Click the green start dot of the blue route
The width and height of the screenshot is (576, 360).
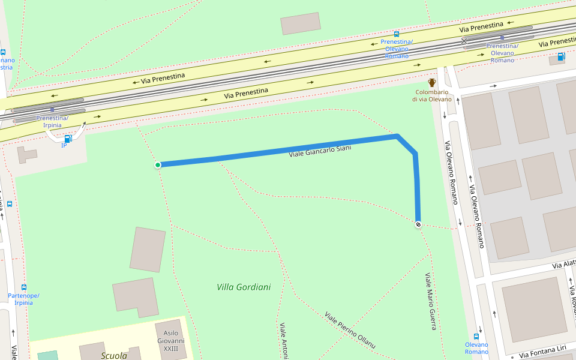pos(158,165)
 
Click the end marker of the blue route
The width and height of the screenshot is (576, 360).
pos(418,224)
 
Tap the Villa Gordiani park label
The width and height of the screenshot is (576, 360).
pos(244,287)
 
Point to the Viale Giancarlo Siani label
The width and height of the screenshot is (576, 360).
pos(319,151)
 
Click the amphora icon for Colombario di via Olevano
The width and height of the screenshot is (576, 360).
pos(431,83)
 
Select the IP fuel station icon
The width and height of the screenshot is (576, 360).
pos(67,139)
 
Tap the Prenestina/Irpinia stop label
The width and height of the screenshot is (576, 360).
pos(52,121)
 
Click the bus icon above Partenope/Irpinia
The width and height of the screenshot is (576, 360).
pos(24,287)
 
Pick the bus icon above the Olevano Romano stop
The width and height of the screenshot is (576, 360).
pos(477,337)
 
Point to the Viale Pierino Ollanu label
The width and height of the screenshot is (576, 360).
pos(350,330)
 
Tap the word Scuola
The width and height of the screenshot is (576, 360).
pos(113,355)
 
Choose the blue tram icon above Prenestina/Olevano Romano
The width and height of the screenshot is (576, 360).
pos(397,34)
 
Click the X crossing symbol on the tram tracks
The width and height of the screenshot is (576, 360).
pos(464,41)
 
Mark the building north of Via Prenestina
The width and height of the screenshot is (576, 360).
pos(300,23)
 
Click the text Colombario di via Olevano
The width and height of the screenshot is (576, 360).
pos(431,95)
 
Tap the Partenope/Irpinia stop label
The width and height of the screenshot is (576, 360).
pos(24,299)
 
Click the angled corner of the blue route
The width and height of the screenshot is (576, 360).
pos(397,137)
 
